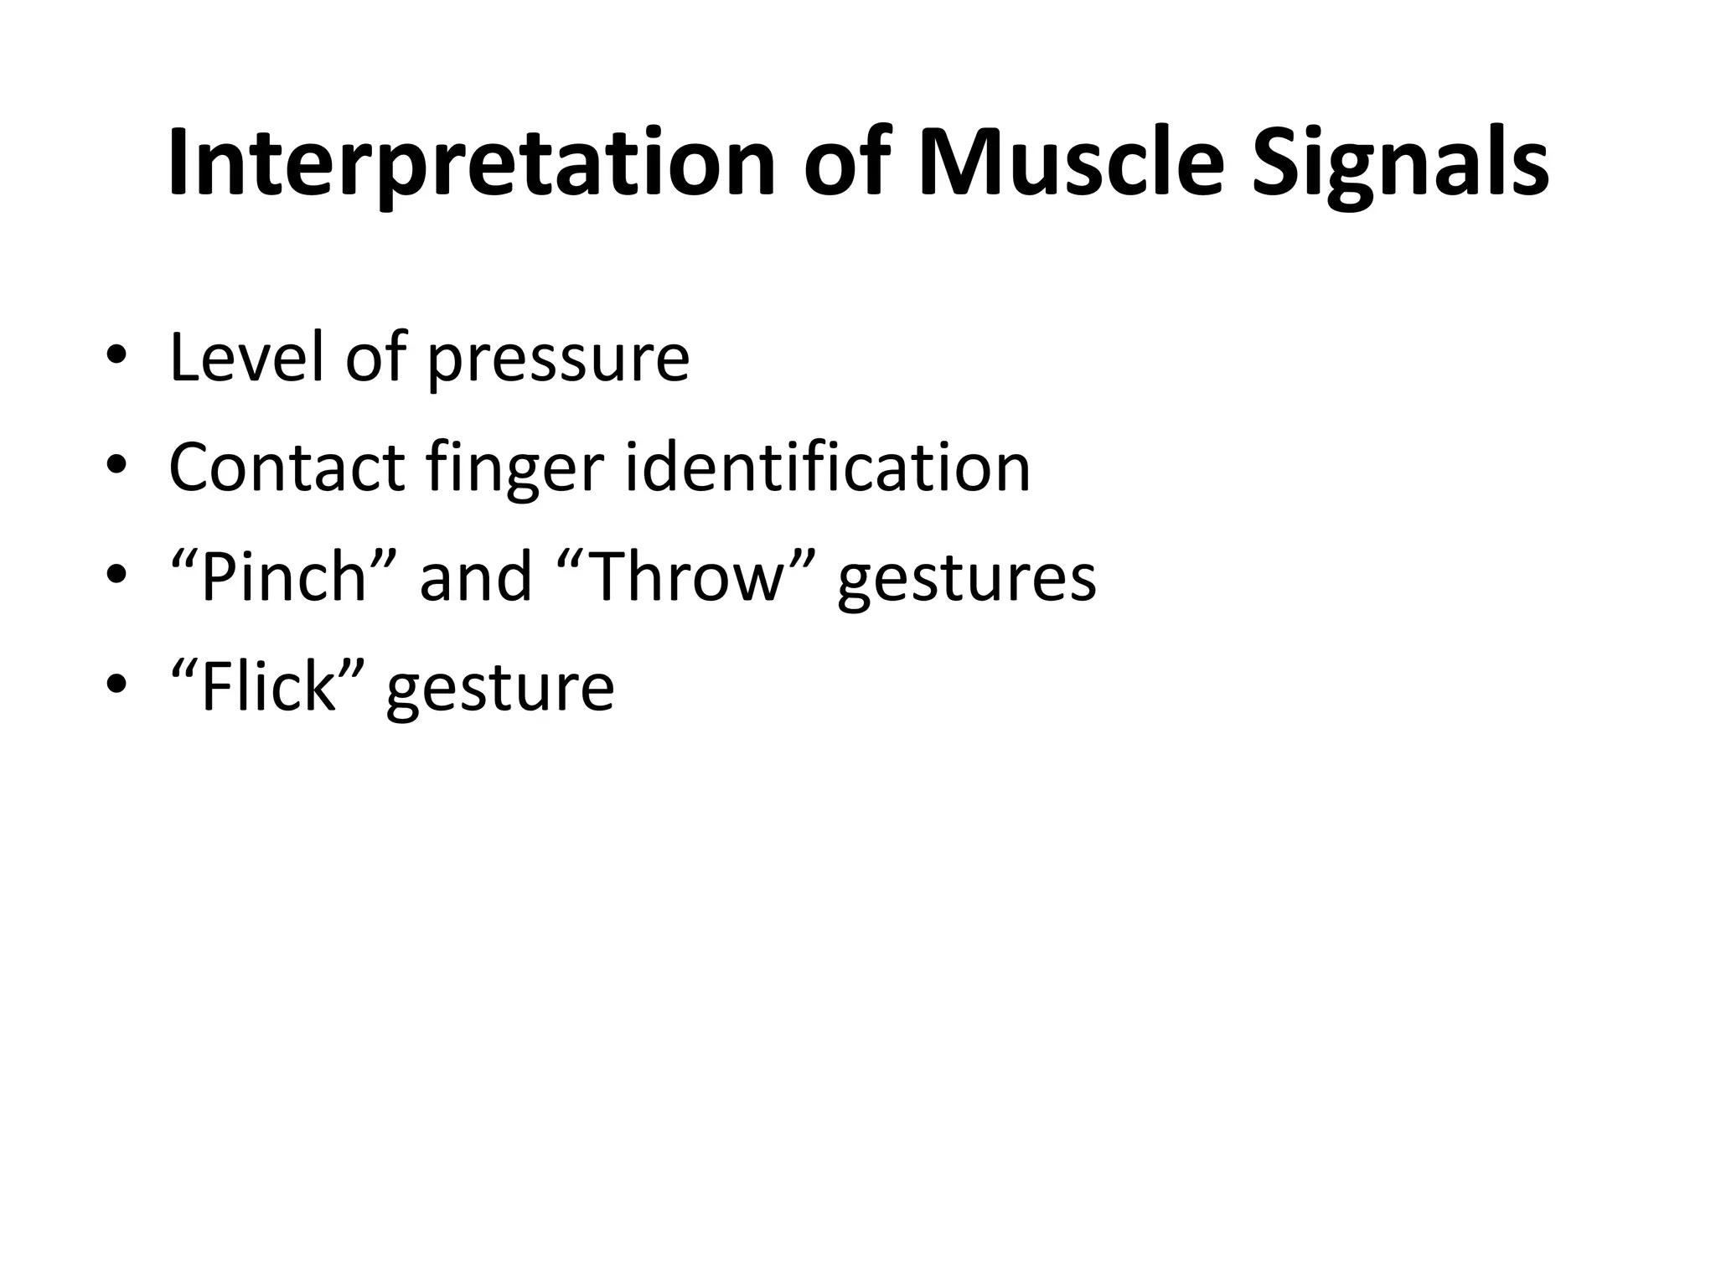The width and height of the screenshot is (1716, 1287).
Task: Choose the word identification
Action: point(828,467)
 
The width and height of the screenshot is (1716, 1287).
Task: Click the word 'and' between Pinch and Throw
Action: point(475,577)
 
